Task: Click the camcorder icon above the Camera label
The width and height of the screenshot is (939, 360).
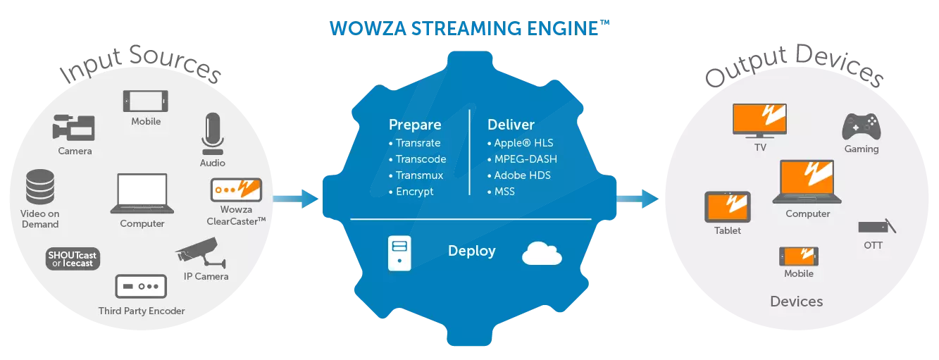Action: [x=73, y=128]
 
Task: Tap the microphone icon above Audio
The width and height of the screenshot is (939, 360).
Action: [x=212, y=134]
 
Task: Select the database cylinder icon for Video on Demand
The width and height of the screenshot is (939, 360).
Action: [x=40, y=186]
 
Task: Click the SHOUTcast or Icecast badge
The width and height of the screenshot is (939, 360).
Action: [x=73, y=259]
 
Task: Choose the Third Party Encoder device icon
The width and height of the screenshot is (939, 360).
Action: [x=141, y=287]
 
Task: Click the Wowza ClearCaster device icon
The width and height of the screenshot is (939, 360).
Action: [x=236, y=190]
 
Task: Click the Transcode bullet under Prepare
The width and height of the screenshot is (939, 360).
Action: [x=421, y=159]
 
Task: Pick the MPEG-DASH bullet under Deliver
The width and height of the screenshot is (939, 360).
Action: [x=521, y=159]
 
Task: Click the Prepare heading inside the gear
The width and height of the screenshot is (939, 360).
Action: [x=415, y=125]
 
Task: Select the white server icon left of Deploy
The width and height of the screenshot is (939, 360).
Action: [x=399, y=253]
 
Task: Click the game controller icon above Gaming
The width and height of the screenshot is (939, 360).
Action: [x=861, y=127]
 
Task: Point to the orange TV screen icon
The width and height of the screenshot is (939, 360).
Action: [x=759, y=120]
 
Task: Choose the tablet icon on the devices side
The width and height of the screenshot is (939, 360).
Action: [x=728, y=207]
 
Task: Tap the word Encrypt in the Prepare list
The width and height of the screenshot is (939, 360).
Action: [x=414, y=192]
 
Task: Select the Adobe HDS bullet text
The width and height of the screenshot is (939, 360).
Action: [x=522, y=175]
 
